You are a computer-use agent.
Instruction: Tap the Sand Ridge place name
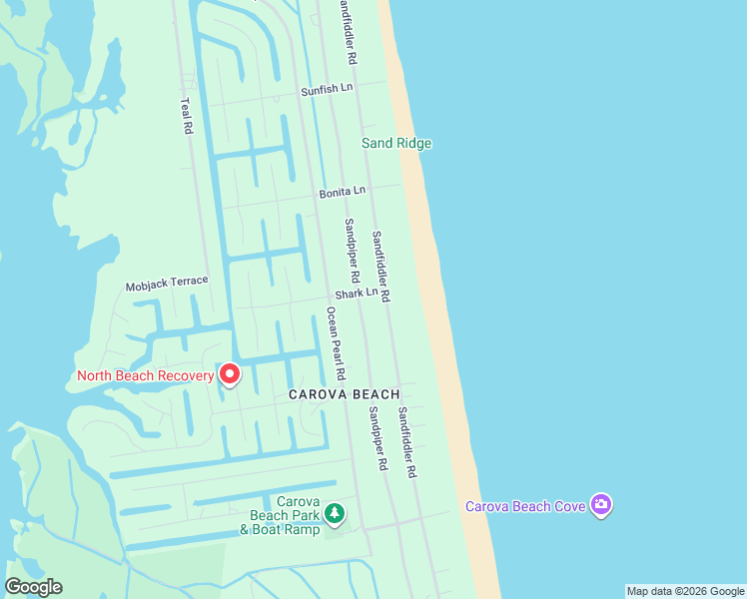396,143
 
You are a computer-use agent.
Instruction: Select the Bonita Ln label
343,191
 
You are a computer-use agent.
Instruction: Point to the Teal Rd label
185,116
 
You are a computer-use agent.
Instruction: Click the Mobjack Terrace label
167,284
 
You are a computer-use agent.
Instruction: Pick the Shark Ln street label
357,294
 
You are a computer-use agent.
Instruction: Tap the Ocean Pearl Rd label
336,342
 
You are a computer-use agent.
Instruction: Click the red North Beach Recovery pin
230,374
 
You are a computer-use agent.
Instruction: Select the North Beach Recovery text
146,375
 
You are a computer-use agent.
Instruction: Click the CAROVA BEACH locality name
345,394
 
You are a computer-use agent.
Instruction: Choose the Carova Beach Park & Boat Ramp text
282,515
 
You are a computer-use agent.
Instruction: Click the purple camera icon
600,505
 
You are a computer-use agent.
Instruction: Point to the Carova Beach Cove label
525,506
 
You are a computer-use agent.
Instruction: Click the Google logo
33,587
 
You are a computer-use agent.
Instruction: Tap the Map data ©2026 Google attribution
685,591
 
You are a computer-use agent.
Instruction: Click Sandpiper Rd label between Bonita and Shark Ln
352,249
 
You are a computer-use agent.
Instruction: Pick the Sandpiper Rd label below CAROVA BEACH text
376,438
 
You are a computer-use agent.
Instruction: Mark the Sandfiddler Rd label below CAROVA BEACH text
406,441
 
